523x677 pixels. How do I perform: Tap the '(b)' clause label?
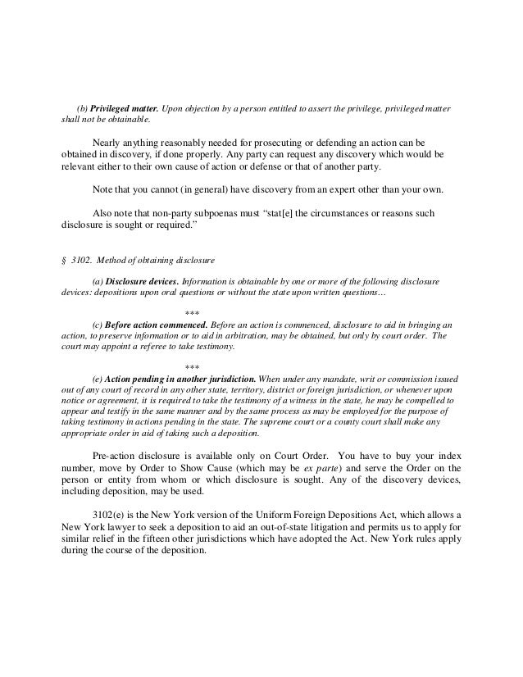click(x=81, y=108)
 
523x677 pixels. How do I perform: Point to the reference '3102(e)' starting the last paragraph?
click(x=111, y=508)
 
